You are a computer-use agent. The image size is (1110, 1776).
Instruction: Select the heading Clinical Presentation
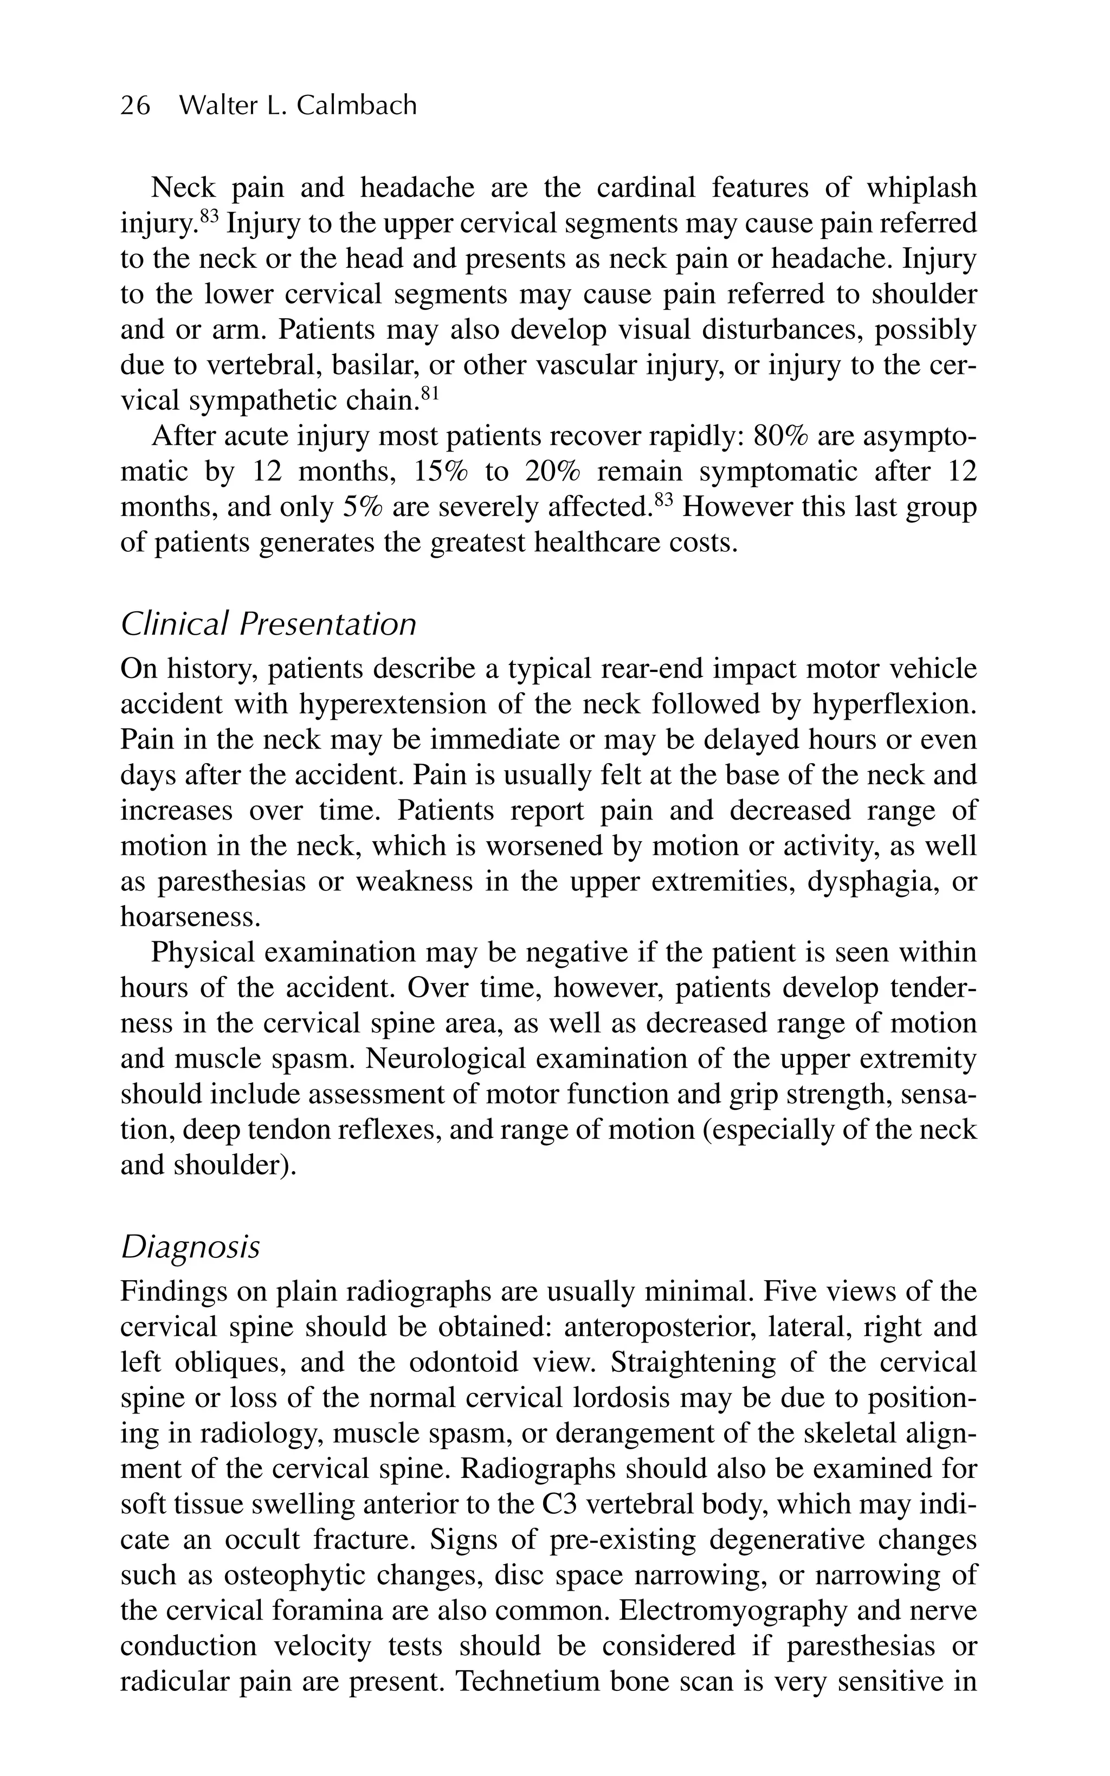pos(268,624)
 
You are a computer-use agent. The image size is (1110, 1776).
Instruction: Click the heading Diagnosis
pos(190,1247)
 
